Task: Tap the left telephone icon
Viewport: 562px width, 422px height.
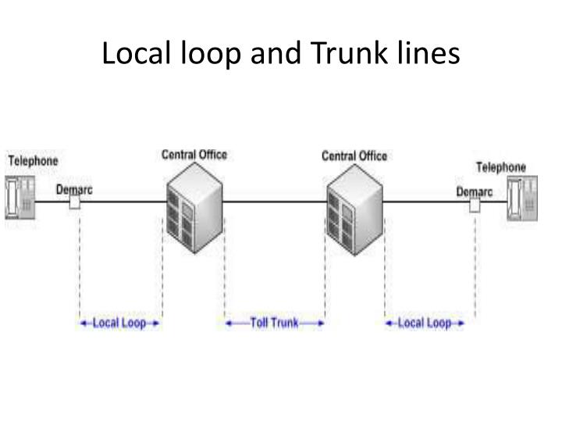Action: click(x=20, y=196)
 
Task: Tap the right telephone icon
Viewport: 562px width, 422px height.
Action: click(x=522, y=199)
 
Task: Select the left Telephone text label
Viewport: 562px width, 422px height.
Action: click(x=33, y=161)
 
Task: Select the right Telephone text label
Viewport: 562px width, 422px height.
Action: click(x=501, y=167)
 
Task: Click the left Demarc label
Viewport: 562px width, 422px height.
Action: click(x=74, y=189)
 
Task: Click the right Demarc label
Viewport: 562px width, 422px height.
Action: click(x=475, y=191)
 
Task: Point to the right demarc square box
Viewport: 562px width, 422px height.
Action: click(x=475, y=206)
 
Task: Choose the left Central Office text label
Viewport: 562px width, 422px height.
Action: click(x=194, y=155)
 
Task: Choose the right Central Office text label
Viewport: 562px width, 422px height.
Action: click(x=354, y=156)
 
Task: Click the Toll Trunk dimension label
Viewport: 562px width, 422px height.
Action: click(x=274, y=323)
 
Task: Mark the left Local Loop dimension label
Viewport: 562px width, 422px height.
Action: click(x=119, y=323)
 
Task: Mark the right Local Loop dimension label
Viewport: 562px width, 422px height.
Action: click(x=425, y=323)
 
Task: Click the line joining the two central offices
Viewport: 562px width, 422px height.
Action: click(x=274, y=202)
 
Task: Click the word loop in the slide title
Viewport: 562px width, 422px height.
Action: click(x=211, y=53)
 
